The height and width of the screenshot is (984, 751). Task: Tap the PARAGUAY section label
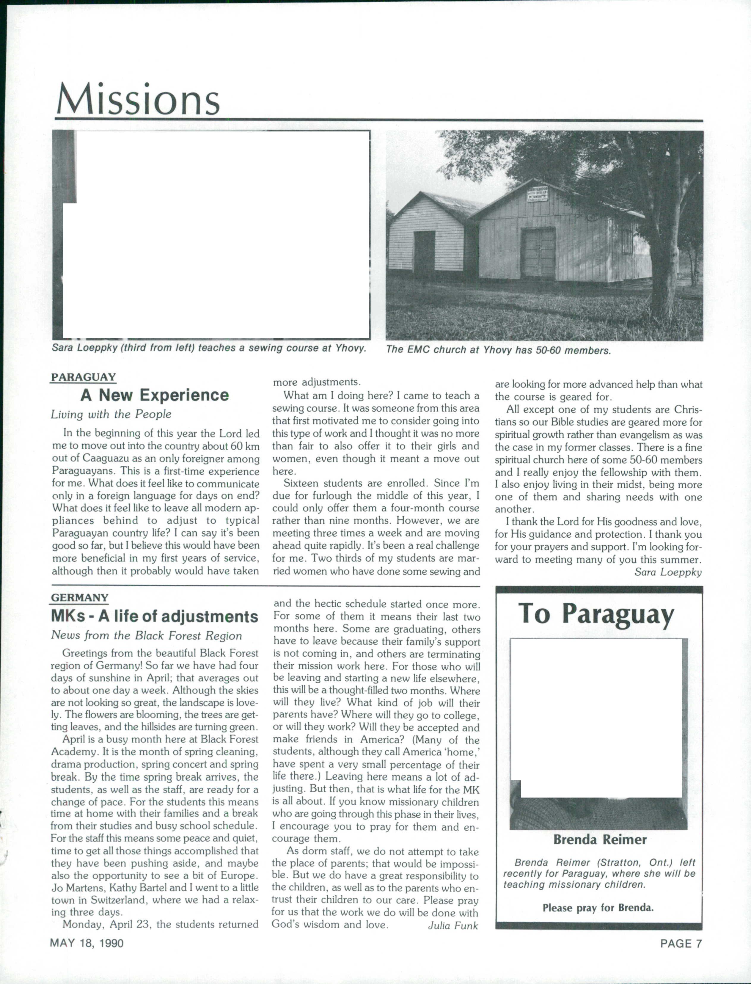(83, 377)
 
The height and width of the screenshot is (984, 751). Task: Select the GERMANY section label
(80, 598)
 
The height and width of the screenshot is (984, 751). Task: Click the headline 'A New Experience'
(154, 395)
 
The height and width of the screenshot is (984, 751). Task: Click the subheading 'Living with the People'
(111, 415)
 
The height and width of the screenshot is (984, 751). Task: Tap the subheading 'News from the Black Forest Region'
(146, 635)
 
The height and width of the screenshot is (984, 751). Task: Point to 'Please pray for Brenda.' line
(598, 908)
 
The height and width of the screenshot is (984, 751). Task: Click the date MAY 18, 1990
(87, 943)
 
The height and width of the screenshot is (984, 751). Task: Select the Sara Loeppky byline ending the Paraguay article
(668, 572)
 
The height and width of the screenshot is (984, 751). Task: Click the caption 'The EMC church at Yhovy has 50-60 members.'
(498, 350)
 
